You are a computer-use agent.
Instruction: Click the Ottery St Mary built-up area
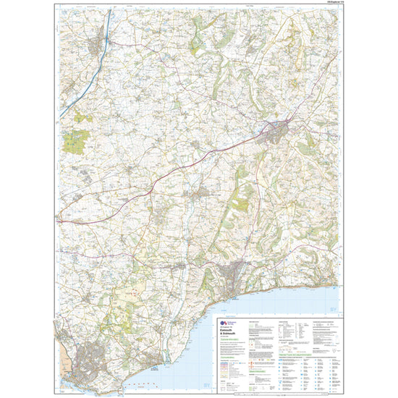click(x=202, y=193)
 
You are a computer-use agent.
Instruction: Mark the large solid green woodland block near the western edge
click(x=74, y=141)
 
